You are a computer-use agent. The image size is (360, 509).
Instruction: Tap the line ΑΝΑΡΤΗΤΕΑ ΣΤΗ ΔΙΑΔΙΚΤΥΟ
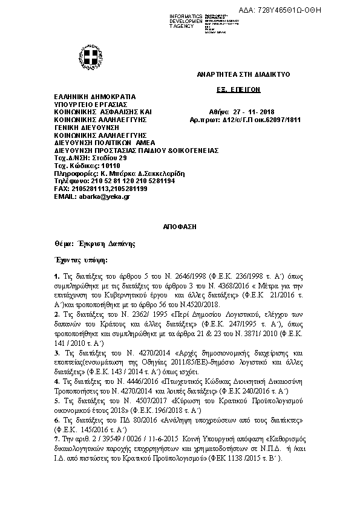click(x=244, y=74)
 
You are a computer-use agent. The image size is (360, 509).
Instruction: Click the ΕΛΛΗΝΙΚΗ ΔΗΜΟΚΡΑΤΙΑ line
click(x=95, y=97)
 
